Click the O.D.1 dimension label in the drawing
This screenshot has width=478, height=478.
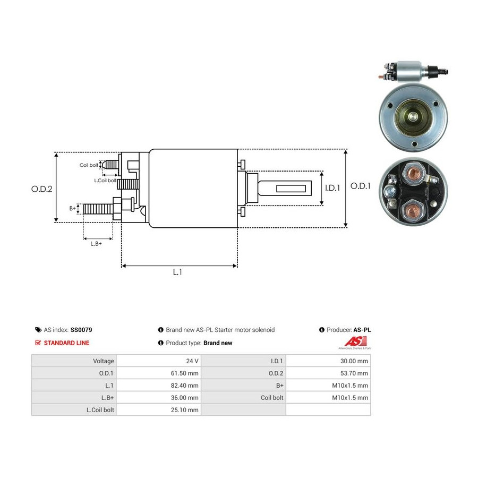coord(360,186)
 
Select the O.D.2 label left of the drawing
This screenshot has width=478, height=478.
coord(42,189)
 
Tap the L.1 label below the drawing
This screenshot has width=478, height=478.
coord(177,272)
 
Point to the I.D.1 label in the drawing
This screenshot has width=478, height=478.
coord(332,188)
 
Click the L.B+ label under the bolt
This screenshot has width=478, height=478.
coord(96,244)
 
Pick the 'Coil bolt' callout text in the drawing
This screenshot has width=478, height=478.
coord(89,165)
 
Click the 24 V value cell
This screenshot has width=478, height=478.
coord(192,361)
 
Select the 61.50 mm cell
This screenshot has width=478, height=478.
coord(184,373)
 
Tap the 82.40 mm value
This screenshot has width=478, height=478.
coord(184,386)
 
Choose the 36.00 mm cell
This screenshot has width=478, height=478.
coord(184,397)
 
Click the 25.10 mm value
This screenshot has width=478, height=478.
coord(184,409)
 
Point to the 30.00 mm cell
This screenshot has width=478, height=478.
coord(354,361)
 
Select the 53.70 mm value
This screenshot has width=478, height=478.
coord(354,373)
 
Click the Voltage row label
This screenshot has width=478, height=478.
coord(104,361)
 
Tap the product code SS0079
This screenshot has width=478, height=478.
coord(81,330)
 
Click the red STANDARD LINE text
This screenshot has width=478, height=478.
coord(66,343)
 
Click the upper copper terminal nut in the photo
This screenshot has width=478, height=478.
coord(414,174)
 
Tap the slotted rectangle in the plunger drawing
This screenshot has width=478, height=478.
coord(291,188)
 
